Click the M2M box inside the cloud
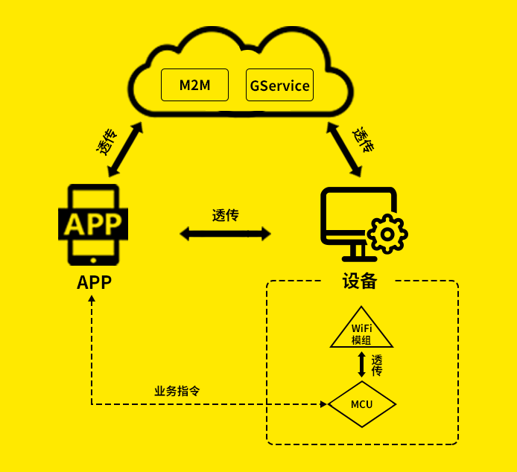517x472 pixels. [195, 85]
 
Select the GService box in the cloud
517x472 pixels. [279, 85]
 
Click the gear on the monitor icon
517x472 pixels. [387, 235]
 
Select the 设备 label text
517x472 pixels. [360, 281]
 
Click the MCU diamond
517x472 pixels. [362, 404]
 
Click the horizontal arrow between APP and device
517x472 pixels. [225, 234]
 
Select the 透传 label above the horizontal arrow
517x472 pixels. [225, 215]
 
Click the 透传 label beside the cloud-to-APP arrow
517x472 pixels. [107, 141]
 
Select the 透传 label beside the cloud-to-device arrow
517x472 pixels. [363, 139]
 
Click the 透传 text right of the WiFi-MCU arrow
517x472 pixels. [377, 365]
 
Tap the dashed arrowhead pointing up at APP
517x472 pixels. [92, 299]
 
